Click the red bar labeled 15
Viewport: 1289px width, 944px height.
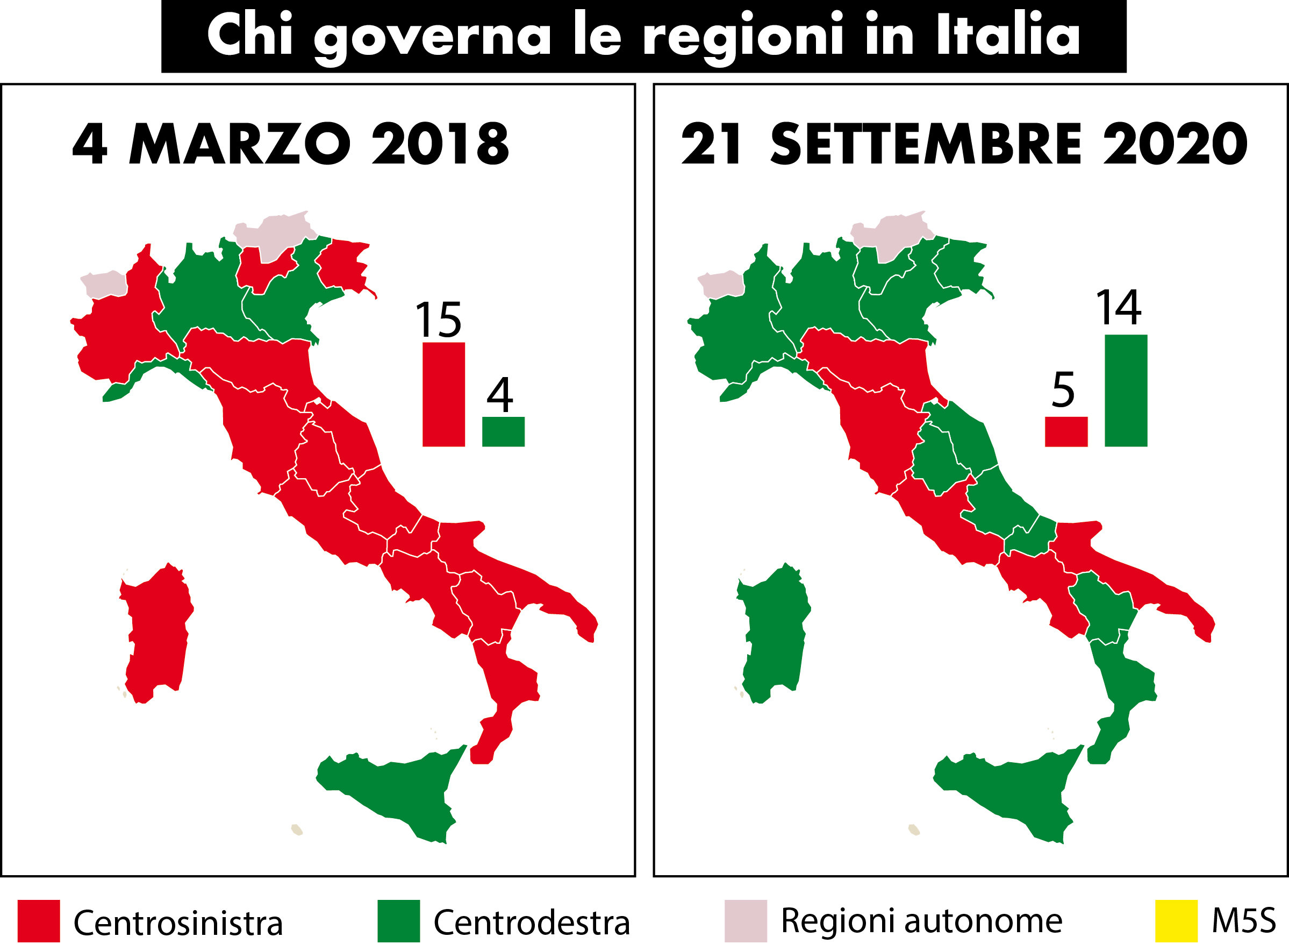pos(443,394)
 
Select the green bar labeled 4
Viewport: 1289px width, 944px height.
pos(503,431)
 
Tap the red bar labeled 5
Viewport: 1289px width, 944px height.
pos(1066,431)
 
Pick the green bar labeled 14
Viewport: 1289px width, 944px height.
pos(1126,391)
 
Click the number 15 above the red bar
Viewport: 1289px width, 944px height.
pos(438,320)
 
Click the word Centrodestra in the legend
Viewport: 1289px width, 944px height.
pos(531,922)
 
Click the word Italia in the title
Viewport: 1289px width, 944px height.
pos(1007,36)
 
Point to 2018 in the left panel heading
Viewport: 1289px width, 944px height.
pos(440,144)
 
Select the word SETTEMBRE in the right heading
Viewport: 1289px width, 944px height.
pos(925,144)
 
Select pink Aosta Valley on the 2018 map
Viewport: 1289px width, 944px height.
pos(104,284)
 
